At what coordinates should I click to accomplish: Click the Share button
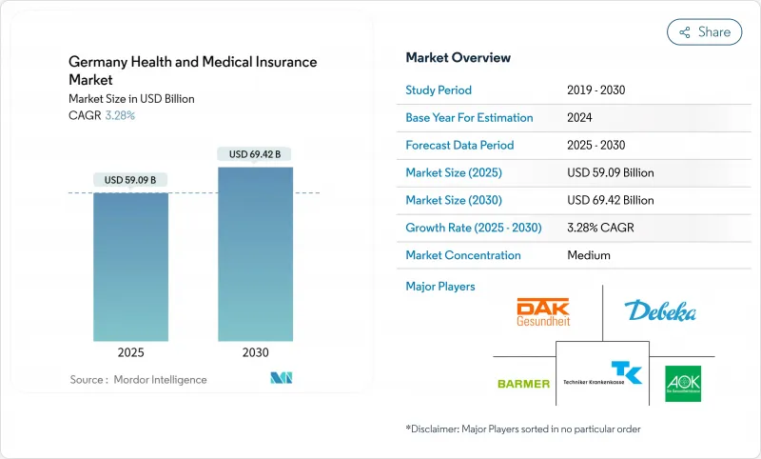(x=704, y=32)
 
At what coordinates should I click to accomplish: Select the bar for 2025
(x=131, y=267)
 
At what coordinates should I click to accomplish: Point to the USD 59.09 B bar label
(x=131, y=180)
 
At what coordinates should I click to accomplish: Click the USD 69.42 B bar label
(x=254, y=154)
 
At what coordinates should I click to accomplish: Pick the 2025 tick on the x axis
(x=131, y=352)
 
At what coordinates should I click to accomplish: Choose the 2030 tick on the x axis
(x=254, y=352)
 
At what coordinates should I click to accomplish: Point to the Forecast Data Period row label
(x=459, y=146)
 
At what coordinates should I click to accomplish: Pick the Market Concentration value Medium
(x=588, y=255)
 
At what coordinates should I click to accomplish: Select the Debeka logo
(x=660, y=311)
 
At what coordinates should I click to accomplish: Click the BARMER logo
(x=523, y=383)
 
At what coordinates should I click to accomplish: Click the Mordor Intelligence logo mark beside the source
(x=281, y=378)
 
